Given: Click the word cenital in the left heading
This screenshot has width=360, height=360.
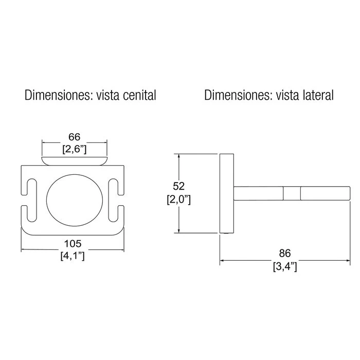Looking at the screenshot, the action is point(139,95).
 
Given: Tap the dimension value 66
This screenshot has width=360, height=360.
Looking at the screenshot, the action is point(75,137).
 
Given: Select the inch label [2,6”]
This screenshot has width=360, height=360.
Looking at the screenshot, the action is point(75,149).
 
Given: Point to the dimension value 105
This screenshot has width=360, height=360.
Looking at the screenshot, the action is point(73,244).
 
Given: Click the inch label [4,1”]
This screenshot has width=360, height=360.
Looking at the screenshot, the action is point(73,256).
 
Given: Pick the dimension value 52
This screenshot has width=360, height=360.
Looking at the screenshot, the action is point(178,186).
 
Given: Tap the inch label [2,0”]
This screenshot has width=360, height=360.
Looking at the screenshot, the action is point(178,200).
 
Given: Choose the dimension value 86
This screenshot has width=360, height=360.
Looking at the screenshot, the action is point(285,253).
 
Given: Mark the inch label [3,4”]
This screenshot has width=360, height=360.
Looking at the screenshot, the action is point(285,266).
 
